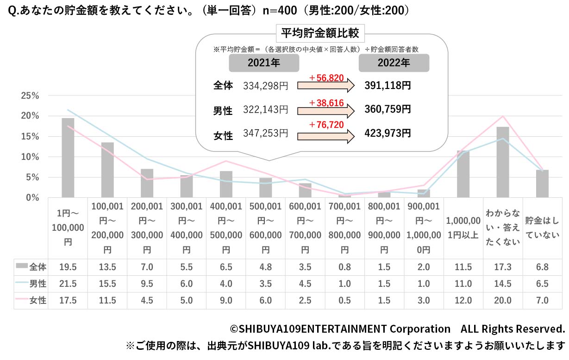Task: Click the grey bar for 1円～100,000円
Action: (x=68, y=158)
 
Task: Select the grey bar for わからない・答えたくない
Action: (x=502, y=162)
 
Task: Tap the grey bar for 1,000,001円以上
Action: (x=463, y=174)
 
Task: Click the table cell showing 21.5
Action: (x=68, y=284)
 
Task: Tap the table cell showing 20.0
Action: (x=502, y=300)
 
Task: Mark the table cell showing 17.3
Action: (x=502, y=267)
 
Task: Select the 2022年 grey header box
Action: (x=394, y=63)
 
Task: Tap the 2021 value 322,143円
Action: (x=265, y=110)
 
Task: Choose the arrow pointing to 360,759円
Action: (x=325, y=111)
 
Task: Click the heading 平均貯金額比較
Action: (x=321, y=33)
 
